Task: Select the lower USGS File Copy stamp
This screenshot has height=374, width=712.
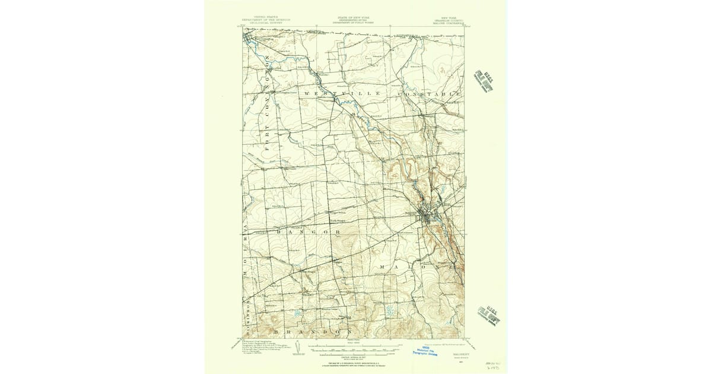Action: pyautogui.click(x=489, y=316)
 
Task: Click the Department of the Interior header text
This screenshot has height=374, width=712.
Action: pyautogui.click(x=265, y=20)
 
